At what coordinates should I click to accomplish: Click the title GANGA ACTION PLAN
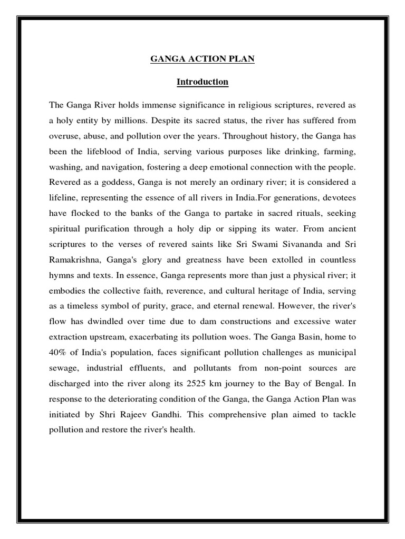[202, 59]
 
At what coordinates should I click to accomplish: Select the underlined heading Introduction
[202, 82]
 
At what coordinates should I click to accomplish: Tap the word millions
[130, 121]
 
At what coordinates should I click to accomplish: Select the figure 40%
[59, 353]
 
